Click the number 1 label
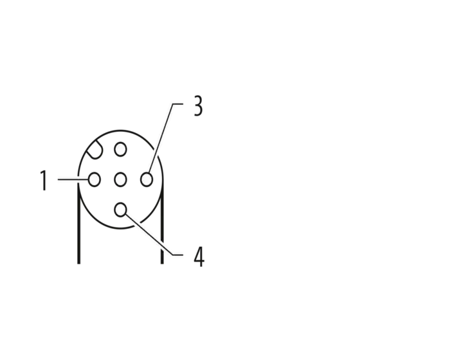(44, 180)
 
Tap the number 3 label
(199, 105)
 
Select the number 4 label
(199, 256)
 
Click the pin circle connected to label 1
(95, 179)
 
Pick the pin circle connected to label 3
(147, 179)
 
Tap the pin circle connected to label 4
(120, 210)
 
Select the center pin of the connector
(120, 179)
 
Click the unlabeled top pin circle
(120, 149)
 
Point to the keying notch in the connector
(95, 151)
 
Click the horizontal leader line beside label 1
(73, 179)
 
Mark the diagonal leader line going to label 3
(161, 138)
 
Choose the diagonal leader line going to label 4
(149, 234)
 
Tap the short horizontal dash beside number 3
(177, 104)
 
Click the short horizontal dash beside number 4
(177, 255)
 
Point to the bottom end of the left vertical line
(78, 264)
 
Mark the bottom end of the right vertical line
(162, 264)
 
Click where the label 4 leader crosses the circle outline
(136, 223)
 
